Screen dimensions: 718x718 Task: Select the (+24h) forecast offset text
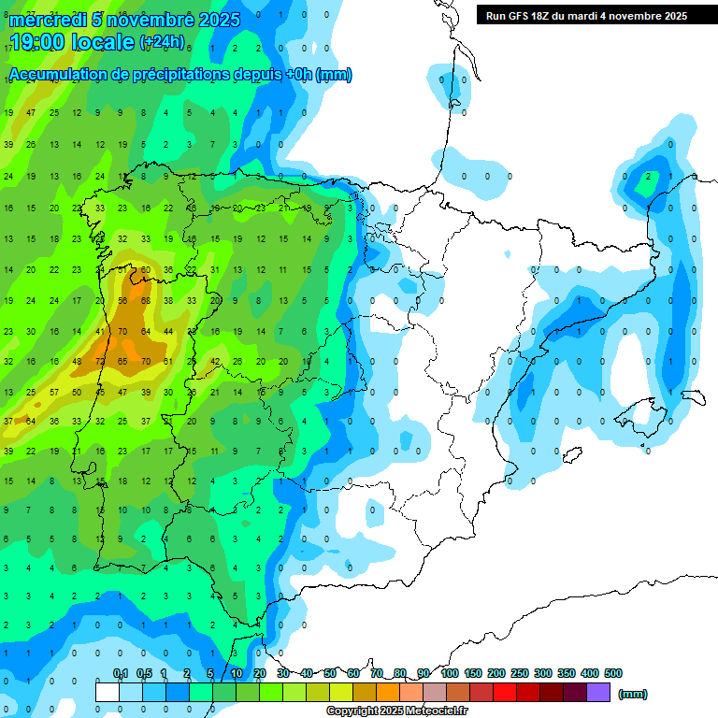(162, 42)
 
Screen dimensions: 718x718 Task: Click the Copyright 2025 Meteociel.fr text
(397, 711)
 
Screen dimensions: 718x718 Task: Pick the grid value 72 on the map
(100, 361)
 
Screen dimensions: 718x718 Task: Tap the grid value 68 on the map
(145, 300)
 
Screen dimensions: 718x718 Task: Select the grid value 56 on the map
(122, 300)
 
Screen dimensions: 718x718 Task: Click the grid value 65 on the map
(122, 361)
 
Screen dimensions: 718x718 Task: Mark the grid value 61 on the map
(168, 361)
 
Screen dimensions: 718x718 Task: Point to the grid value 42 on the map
(214, 361)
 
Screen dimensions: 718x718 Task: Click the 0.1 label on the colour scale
(121, 673)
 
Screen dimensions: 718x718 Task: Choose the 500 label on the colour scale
(613, 673)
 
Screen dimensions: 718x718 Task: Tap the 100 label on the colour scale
(449, 673)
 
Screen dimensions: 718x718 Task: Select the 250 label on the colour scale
(520, 673)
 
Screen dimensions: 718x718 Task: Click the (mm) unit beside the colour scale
(633, 694)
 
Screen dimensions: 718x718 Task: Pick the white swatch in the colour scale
(108, 692)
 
